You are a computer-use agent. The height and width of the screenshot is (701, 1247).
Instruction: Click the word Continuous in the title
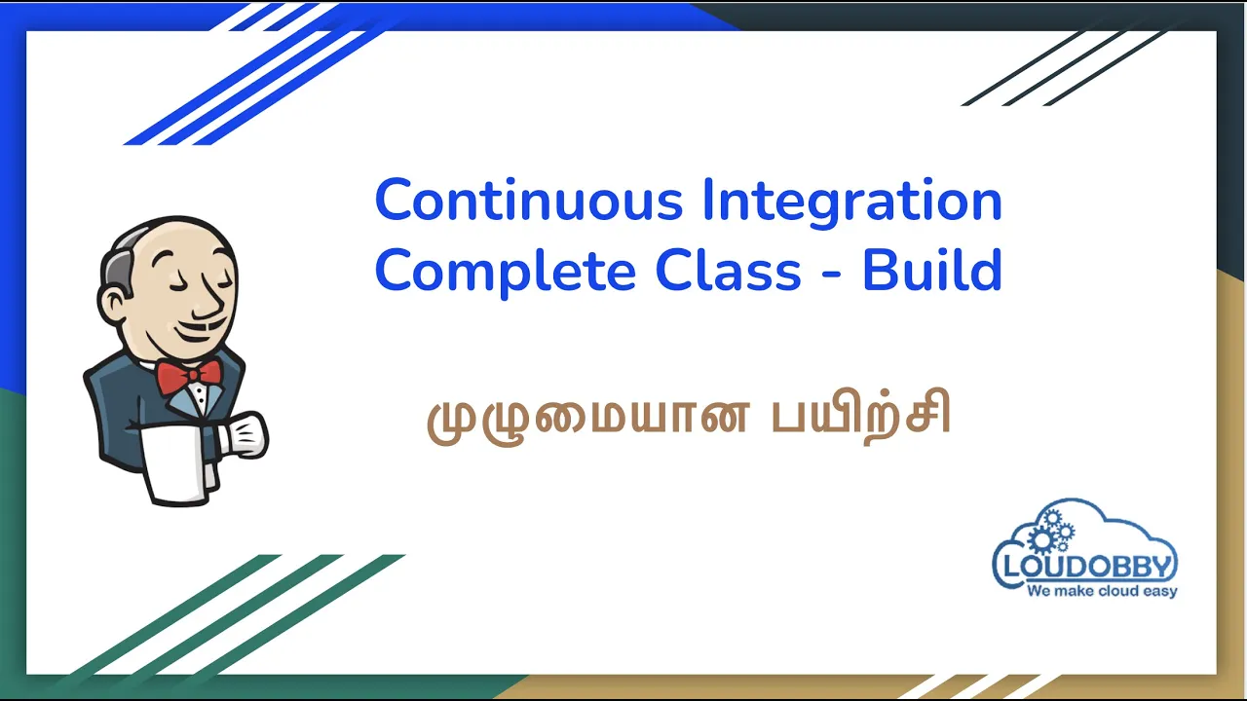tap(529, 200)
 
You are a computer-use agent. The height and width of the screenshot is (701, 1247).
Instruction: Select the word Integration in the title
tap(852, 203)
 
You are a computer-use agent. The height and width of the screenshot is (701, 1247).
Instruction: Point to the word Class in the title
tap(728, 270)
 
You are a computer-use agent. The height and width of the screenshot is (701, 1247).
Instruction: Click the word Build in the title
tap(932, 270)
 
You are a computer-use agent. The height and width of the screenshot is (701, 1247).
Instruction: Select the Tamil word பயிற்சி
tap(861, 415)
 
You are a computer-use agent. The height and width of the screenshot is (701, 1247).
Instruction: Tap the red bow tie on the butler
tap(189, 377)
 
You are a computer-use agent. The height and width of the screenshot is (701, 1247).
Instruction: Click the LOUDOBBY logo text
tap(1087, 567)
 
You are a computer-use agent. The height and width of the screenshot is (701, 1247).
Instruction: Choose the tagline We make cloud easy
tap(1102, 591)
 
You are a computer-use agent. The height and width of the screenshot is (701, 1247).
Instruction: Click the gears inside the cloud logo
tap(1050, 532)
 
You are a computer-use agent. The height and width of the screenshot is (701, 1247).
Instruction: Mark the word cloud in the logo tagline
tap(1115, 590)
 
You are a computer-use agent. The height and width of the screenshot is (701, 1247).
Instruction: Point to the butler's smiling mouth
tap(202, 332)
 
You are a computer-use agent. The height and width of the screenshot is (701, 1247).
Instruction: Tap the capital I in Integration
tap(707, 200)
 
